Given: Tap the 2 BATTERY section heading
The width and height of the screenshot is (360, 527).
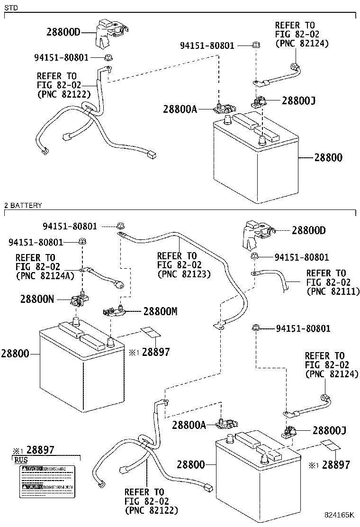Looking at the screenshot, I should pyautogui.click(x=23, y=205).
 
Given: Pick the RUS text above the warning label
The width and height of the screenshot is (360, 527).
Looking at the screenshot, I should pyautogui.click(x=20, y=459).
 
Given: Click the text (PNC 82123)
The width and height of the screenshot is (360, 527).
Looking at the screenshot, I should pyautogui.click(x=184, y=274).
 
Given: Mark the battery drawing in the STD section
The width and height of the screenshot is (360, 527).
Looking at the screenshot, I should pyautogui.click(x=256, y=156).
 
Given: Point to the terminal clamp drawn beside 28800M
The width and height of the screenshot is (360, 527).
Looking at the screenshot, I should pyautogui.click(x=114, y=310).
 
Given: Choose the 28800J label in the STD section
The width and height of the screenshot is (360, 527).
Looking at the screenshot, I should pyautogui.click(x=298, y=100).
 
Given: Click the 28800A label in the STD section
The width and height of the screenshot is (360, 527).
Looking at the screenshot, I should pyautogui.click(x=180, y=109).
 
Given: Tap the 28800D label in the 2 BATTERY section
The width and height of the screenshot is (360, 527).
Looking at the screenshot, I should pyautogui.click(x=309, y=231).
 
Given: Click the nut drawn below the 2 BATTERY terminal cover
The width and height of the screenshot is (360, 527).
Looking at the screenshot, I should pyautogui.click(x=254, y=256).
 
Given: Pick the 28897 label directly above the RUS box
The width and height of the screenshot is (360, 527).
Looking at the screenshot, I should pyautogui.click(x=40, y=449).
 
